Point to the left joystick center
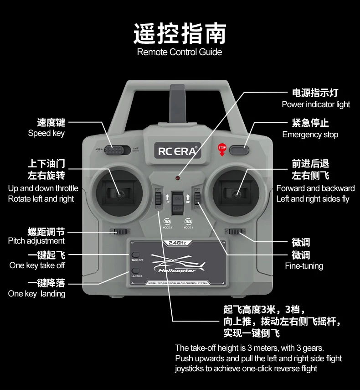[119, 195]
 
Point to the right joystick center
[236, 195]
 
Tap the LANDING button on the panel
[135, 271]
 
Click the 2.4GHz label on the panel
[178, 243]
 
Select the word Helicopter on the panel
[177, 270]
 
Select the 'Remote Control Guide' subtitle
[180, 52]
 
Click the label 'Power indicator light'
[316, 104]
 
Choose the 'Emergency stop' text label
[310, 135]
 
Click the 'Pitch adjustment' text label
[36, 241]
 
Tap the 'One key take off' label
[37, 265]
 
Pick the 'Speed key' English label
[46, 133]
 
